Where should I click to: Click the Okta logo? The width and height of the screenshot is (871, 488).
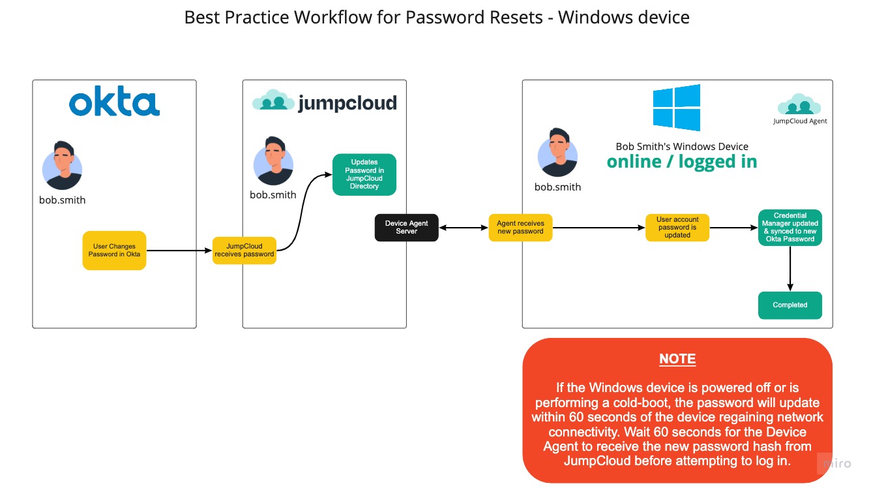[x=114, y=104]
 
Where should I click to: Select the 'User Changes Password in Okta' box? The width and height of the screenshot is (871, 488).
[x=114, y=250]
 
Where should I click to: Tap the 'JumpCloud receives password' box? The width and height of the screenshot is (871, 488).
[x=244, y=250]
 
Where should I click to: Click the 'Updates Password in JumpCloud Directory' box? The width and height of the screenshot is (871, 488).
[x=364, y=174]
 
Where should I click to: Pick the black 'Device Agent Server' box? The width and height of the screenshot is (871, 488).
[x=406, y=227]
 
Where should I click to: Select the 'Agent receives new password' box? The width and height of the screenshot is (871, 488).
[x=520, y=227]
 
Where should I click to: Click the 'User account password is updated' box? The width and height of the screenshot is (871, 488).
[x=677, y=227]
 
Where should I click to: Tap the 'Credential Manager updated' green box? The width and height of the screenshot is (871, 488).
[x=790, y=227]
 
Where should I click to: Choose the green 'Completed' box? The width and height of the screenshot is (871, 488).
[x=790, y=305]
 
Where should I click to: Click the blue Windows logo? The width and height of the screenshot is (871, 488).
[x=677, y=108]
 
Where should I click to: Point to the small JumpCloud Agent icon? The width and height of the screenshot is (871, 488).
[x=799, y=104]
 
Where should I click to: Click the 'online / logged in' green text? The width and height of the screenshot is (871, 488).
[x=682, y=162]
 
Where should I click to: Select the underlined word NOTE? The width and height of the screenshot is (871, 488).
[x=677, y=359]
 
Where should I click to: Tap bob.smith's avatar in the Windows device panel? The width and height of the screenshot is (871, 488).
[x=557, y=153]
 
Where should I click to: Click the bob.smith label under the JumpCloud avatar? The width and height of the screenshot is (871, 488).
[x=273, y=194]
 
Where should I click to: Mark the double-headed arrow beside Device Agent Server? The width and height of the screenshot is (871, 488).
[x=464, y=228]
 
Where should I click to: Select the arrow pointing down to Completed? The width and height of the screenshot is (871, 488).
[x=790, y=267]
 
